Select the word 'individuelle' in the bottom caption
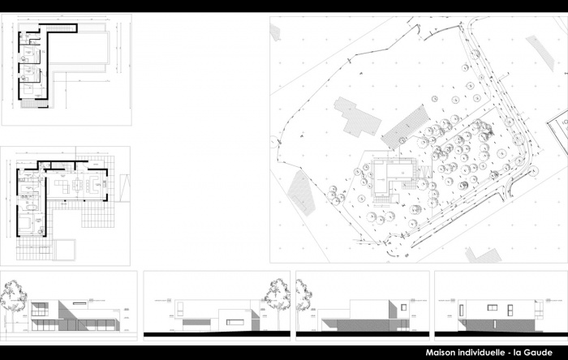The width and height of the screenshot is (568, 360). coord(487,351)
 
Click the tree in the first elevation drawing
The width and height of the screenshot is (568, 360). coord(13,296)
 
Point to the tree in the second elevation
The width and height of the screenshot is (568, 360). coord(273,294)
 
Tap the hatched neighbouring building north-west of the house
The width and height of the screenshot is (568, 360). coord(357,117)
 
